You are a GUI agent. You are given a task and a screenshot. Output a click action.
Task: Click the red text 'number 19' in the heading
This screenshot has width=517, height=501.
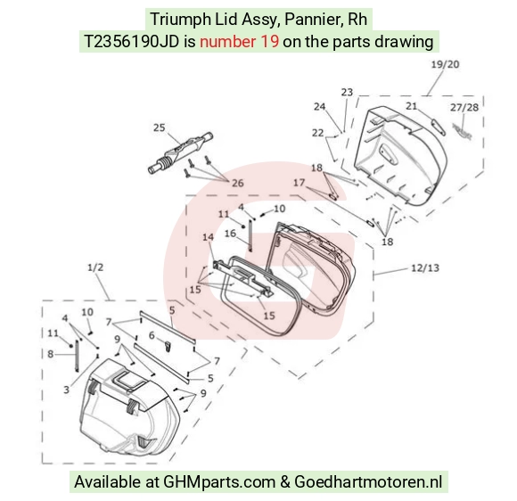[239, 42]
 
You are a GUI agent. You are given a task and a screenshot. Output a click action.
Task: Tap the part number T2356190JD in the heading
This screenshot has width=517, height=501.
[132, 42]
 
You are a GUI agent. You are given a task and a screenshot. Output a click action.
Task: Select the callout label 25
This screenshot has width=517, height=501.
[160, 127]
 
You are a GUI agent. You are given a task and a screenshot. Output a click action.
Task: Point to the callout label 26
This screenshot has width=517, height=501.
[238, 183]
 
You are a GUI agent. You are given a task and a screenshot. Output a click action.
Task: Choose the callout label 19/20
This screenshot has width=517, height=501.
[445, 64]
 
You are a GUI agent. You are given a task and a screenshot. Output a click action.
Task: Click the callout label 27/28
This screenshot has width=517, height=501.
[464, 107]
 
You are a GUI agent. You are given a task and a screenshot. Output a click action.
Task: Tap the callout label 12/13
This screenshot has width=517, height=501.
[425, 267]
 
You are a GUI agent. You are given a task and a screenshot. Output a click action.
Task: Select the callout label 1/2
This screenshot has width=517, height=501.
[95, 267]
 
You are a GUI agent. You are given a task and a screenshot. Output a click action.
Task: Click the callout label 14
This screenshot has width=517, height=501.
[208, 237]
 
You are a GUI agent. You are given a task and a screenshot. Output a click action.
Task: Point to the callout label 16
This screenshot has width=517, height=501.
[230, 234]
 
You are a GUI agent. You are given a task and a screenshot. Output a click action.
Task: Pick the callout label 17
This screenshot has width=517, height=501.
[299, 183]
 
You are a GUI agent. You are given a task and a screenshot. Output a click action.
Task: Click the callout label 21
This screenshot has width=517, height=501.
[411, 106]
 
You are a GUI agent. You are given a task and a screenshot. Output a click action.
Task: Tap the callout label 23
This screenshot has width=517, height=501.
[347, 92]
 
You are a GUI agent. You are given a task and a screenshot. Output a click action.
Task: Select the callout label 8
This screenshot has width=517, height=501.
[50, 354]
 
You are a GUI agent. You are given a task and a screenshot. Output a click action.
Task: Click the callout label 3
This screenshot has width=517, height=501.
[66, 390]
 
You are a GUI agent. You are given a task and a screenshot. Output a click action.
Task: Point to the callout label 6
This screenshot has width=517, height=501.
[152, 335]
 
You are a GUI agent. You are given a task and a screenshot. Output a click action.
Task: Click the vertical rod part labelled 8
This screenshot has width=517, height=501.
[77, 357]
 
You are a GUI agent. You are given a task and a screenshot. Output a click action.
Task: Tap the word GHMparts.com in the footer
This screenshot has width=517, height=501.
[219, 482]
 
